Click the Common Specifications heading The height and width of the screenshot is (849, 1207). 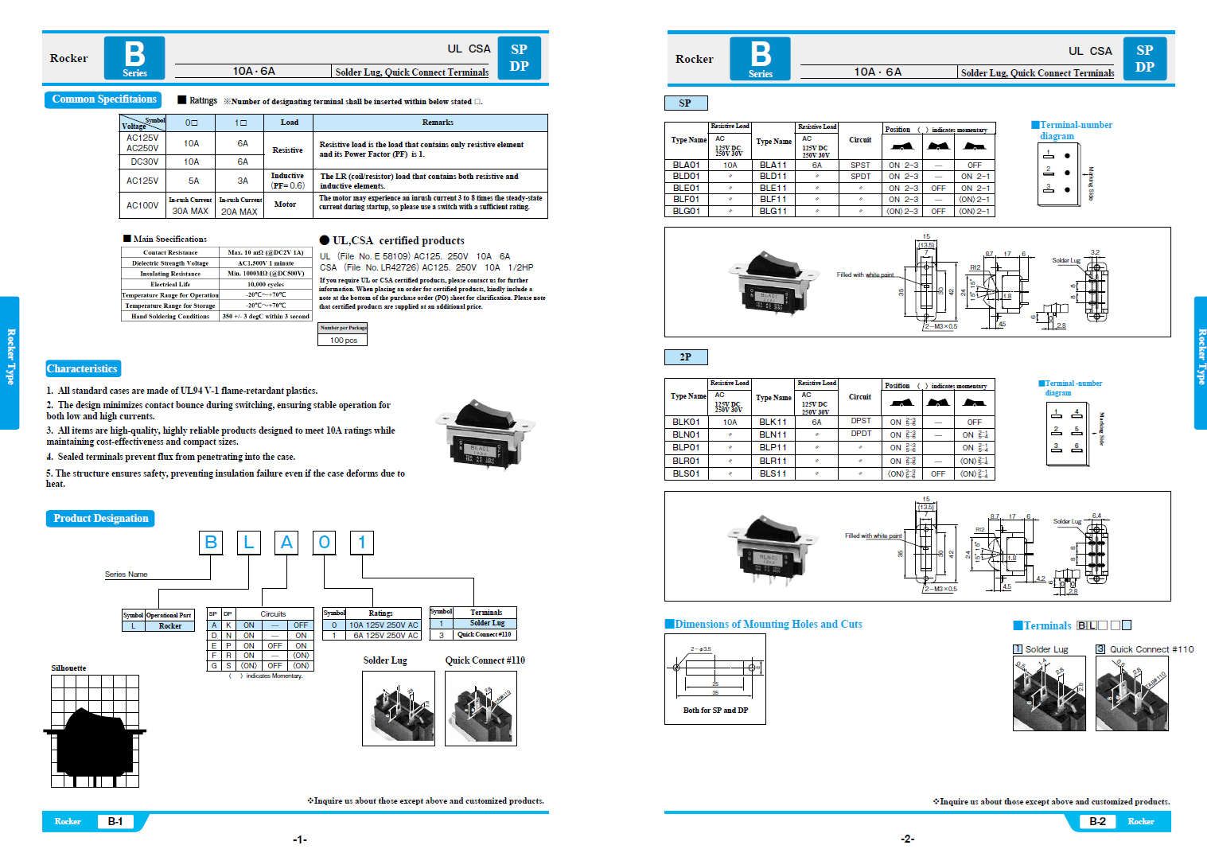coord(103,99)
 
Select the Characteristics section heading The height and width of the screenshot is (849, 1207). coord(82,368)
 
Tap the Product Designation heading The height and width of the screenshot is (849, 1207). coord(100,518)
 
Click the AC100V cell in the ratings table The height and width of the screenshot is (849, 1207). coord(142,205)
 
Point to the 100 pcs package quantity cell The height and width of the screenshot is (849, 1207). coord(343,340)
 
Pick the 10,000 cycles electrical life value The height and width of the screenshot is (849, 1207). coord(265,284)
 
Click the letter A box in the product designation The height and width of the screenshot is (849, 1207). coord(286,543)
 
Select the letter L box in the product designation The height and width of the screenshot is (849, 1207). coord(248,543)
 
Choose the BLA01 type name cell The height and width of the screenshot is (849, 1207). coord(686,166)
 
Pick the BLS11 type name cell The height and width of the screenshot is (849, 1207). coord(773,473)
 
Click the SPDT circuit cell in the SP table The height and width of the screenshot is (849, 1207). coord(860,177)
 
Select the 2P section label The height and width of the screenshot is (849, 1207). coord(685,357)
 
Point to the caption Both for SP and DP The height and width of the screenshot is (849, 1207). coord(715,710)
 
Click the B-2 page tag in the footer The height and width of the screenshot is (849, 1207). coord(1097,821)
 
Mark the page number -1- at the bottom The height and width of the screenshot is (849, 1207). coord(300,839)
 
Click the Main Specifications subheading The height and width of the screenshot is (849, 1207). coord(169,239)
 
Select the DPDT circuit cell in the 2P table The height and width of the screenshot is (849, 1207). coord(860,434)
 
